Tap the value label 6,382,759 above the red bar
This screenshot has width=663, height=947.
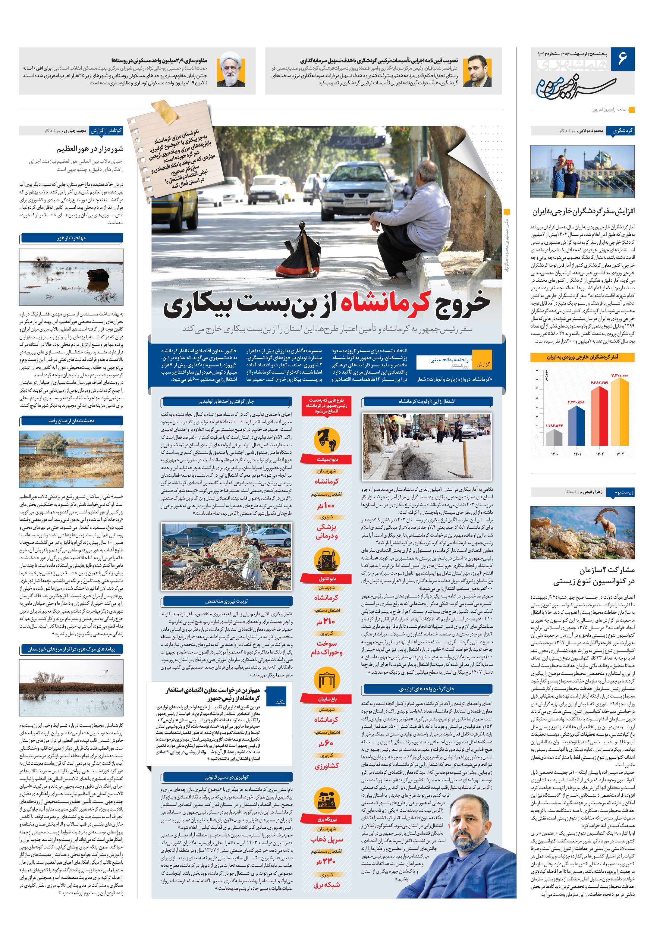pos(599,382)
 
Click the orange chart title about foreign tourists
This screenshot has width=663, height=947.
pos(582,357)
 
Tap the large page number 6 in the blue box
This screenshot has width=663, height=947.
pos(622,59)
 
